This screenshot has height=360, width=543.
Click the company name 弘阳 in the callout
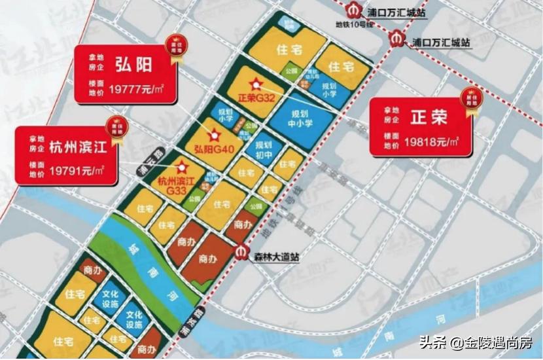point(135,64)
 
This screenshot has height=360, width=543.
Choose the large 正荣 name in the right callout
point(429,118)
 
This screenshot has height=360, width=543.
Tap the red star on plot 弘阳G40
point(212,136)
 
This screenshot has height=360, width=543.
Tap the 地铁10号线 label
point(354,24)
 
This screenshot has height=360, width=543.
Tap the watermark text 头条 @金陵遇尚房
point(476,342)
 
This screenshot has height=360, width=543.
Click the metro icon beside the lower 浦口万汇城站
point(396,38)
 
